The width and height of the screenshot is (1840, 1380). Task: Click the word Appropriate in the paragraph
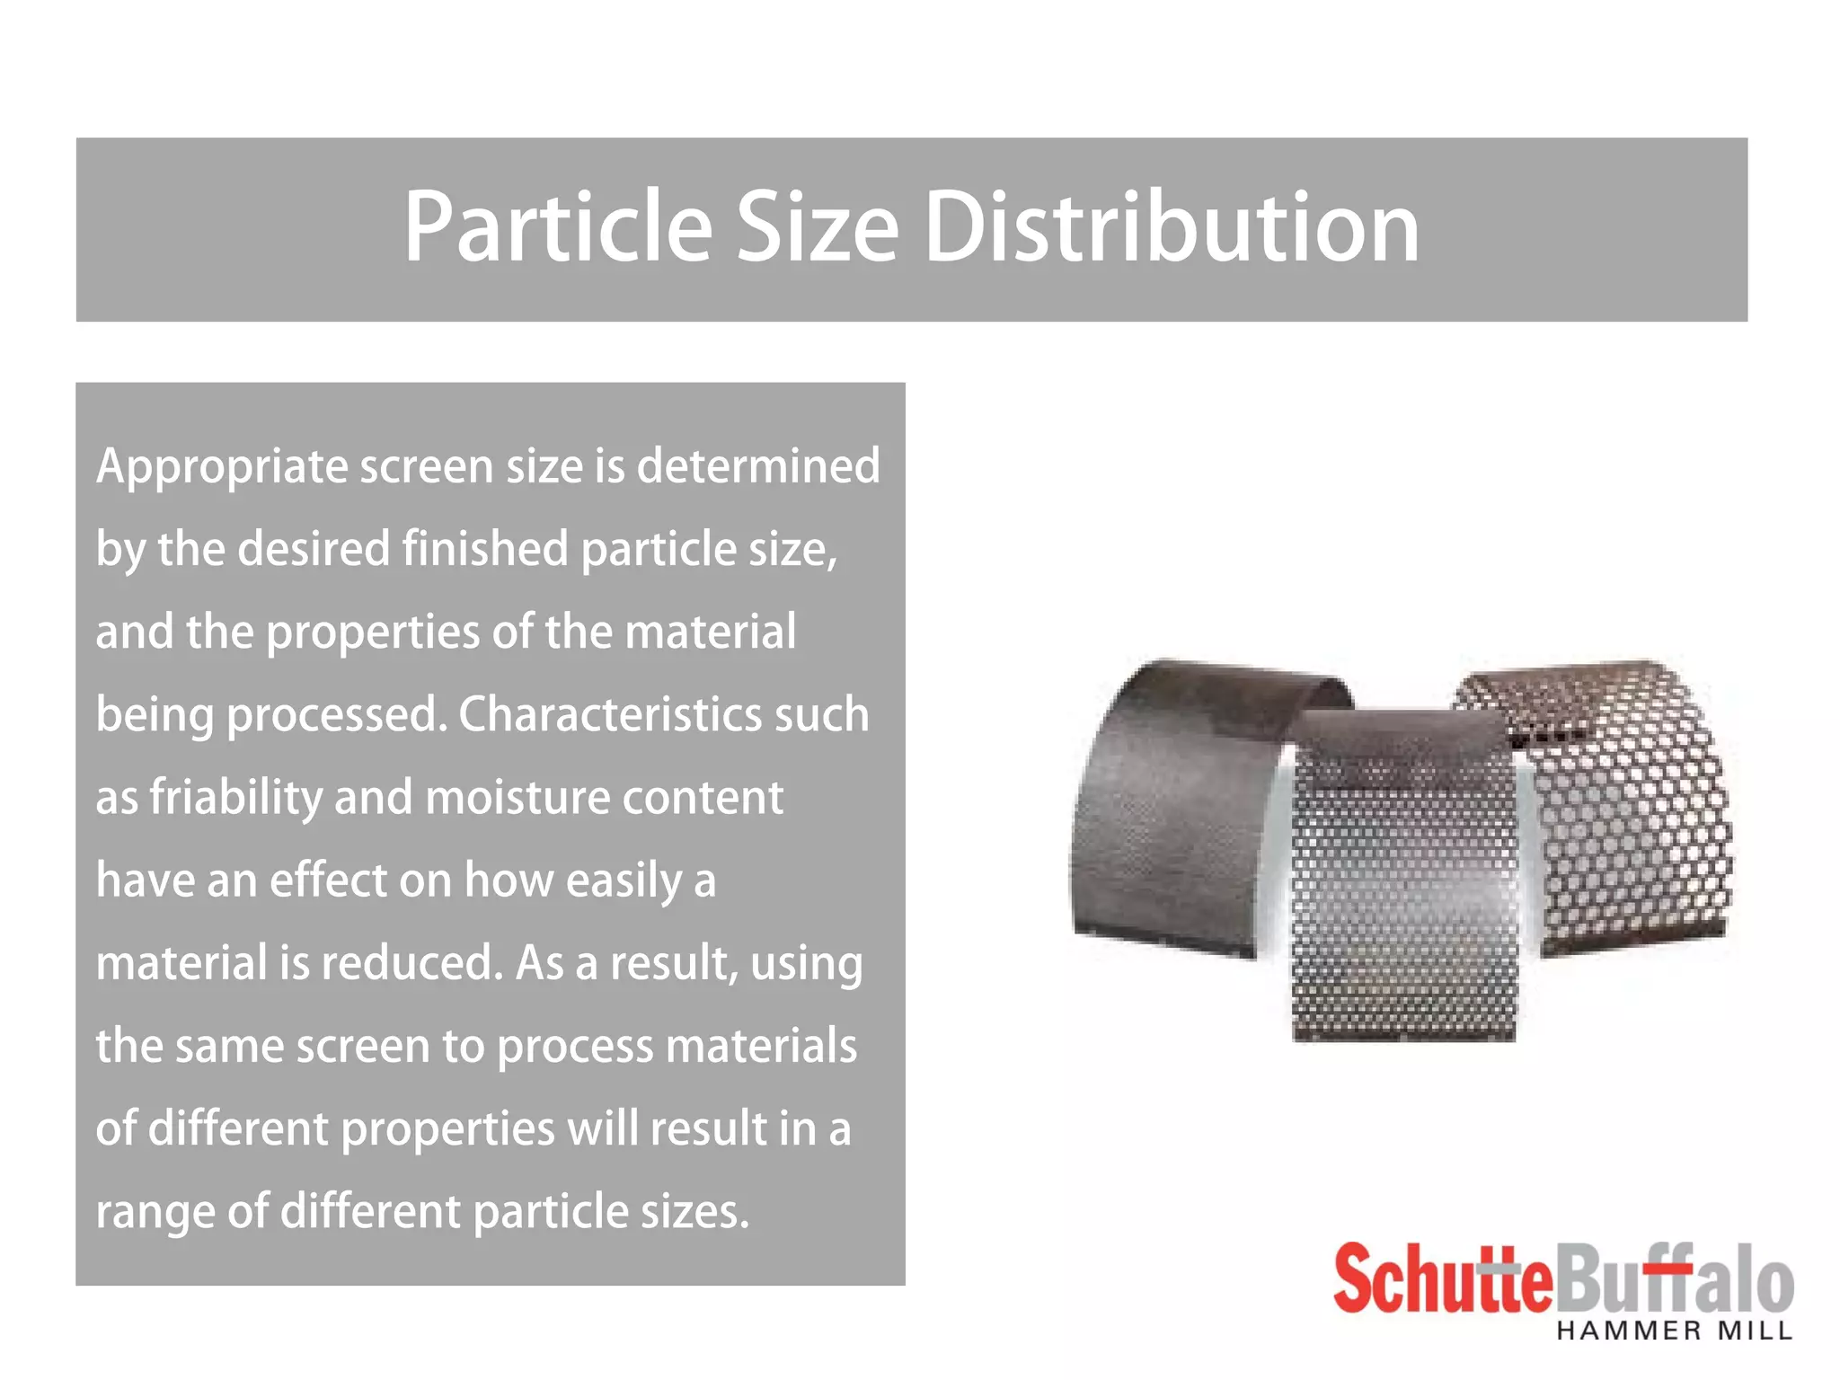pos(222,468)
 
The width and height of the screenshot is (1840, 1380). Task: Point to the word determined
pos(758,466)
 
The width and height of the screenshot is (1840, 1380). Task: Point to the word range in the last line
pos(154,1213)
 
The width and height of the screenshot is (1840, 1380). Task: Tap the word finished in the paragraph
pos(484,549)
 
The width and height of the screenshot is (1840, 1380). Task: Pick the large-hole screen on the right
pos(1626,809)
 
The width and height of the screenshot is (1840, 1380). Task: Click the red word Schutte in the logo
pos(1442,1278)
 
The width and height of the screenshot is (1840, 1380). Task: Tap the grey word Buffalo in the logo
pos(1675,1278)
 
